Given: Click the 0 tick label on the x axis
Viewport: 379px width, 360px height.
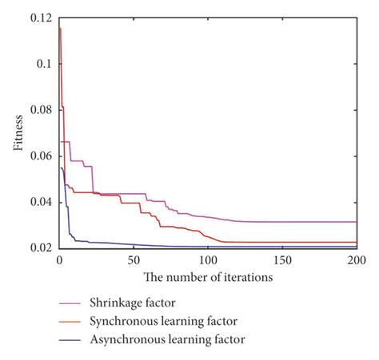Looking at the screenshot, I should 58,260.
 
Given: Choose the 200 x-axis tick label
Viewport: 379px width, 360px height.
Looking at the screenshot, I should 356,260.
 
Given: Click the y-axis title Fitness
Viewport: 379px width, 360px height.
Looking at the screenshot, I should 17,133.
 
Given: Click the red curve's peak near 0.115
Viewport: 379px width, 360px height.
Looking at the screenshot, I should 60,29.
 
